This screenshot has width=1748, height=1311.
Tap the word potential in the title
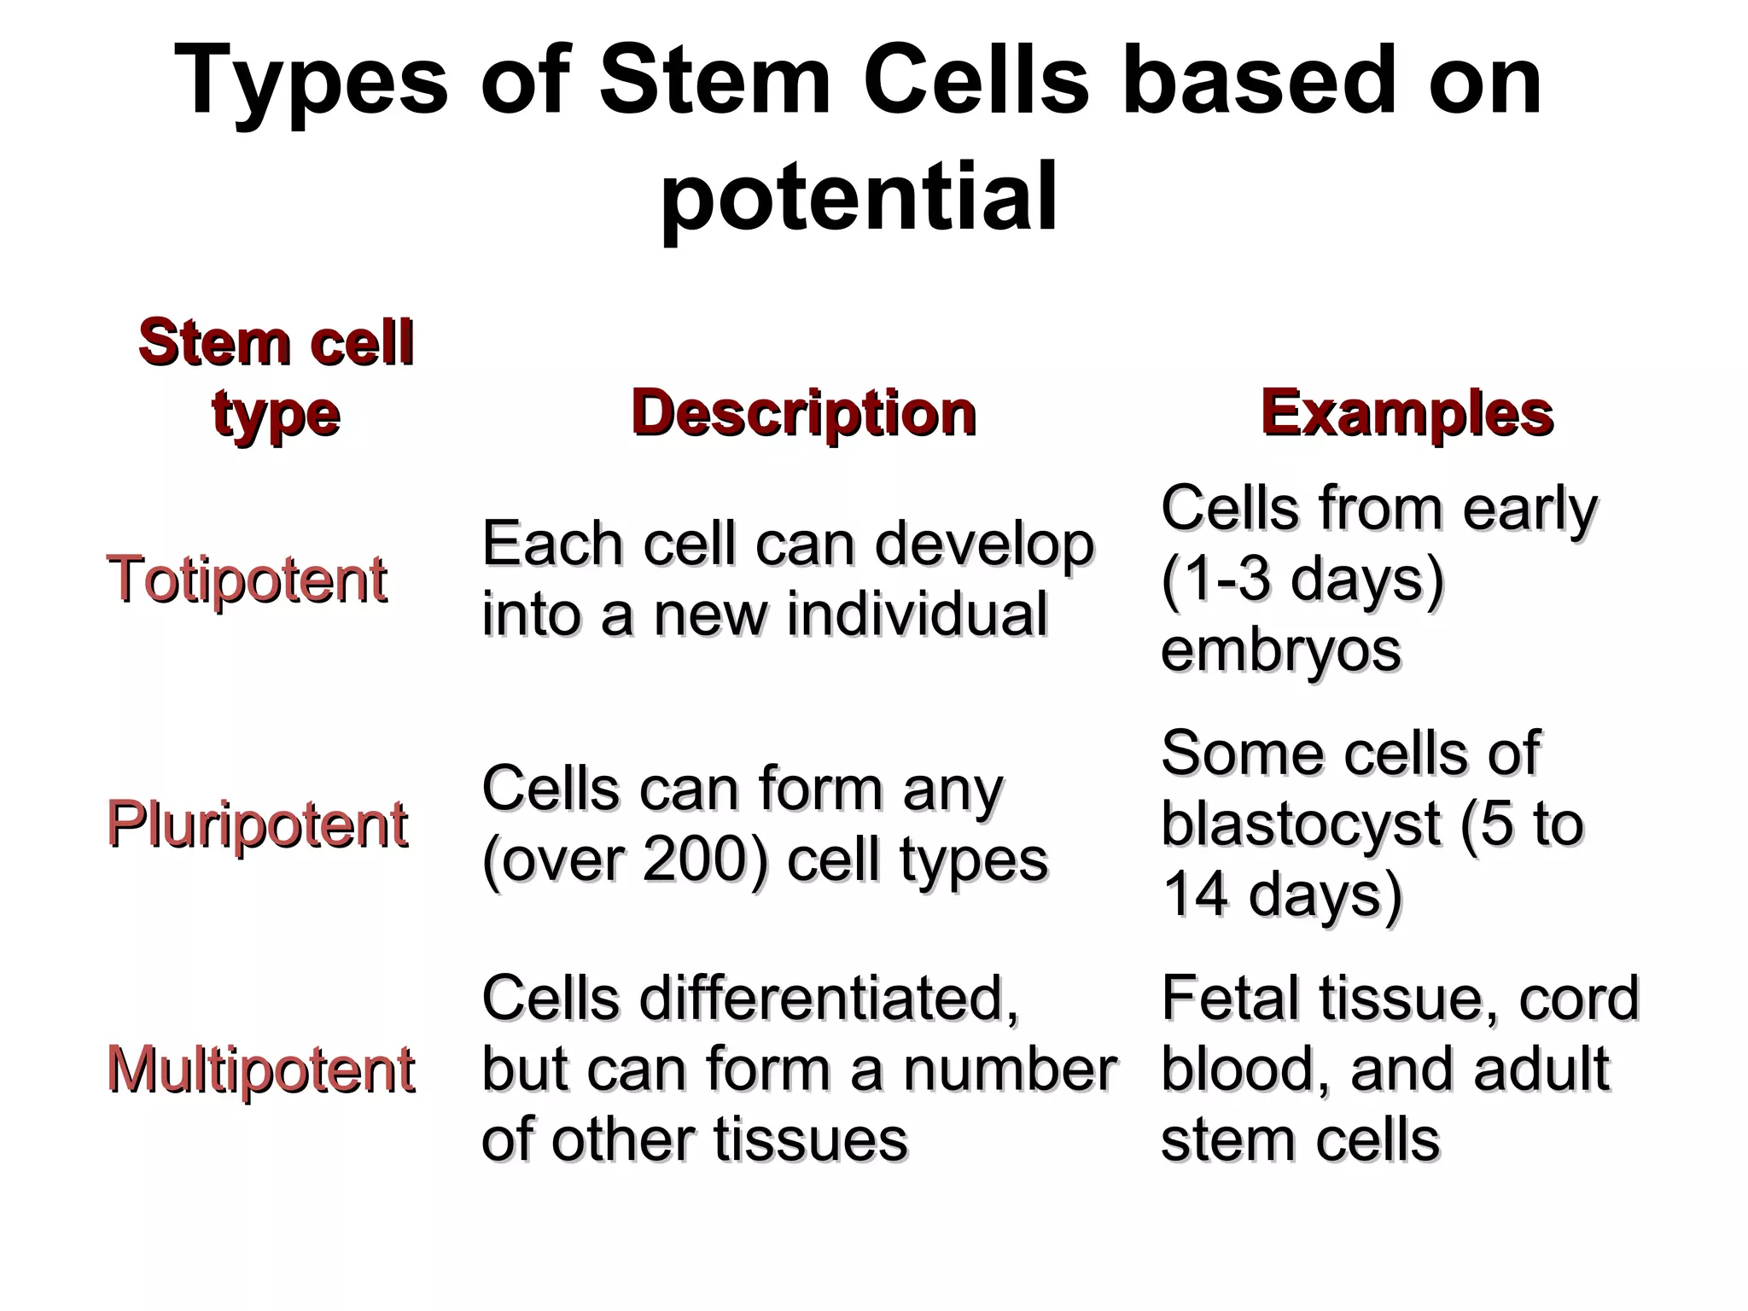coord(859,198)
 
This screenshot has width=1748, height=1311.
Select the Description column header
coord(803,414)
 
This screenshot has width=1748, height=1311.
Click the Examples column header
coord(1407,414)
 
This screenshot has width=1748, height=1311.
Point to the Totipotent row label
coord(247,580)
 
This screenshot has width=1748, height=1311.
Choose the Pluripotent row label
coord(257,824)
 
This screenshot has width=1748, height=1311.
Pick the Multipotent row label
coord(260,1069)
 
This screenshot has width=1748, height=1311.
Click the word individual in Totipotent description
coord(917,615)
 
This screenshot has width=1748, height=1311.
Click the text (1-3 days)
coord(1302,580)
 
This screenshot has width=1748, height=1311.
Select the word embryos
coord(1280,650)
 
